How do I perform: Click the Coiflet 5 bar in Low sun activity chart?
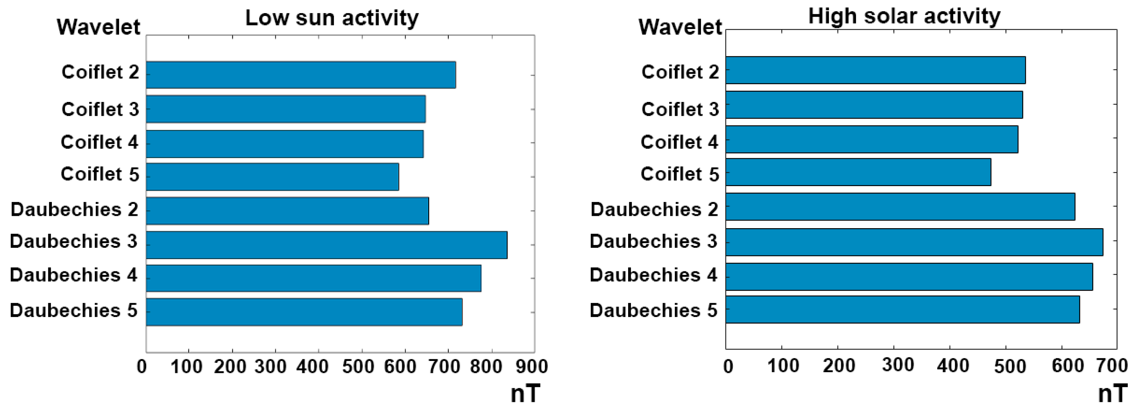point(272,177)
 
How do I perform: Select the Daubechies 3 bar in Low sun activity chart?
point(327,245)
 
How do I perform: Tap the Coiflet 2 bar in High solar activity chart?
point(876,70)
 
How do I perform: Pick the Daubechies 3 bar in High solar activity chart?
point(914,242)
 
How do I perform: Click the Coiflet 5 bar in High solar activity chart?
point(858,172)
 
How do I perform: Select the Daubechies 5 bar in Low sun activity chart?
point(304,312)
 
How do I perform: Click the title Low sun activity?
point(332,18)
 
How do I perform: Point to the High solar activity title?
point(904,16)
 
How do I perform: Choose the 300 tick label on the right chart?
point(898,365)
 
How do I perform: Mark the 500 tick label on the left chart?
point(358,366)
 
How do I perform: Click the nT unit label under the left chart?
point(525,393)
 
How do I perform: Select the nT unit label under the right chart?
point(1113,393)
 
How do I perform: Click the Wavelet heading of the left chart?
point(98,27)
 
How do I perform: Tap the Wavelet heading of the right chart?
point(680,27)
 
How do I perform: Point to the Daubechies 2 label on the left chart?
point(74,210)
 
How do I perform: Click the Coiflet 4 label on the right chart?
point(679,142)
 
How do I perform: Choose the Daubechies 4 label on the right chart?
point(653,275)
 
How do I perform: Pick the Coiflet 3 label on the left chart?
point(100,109)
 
